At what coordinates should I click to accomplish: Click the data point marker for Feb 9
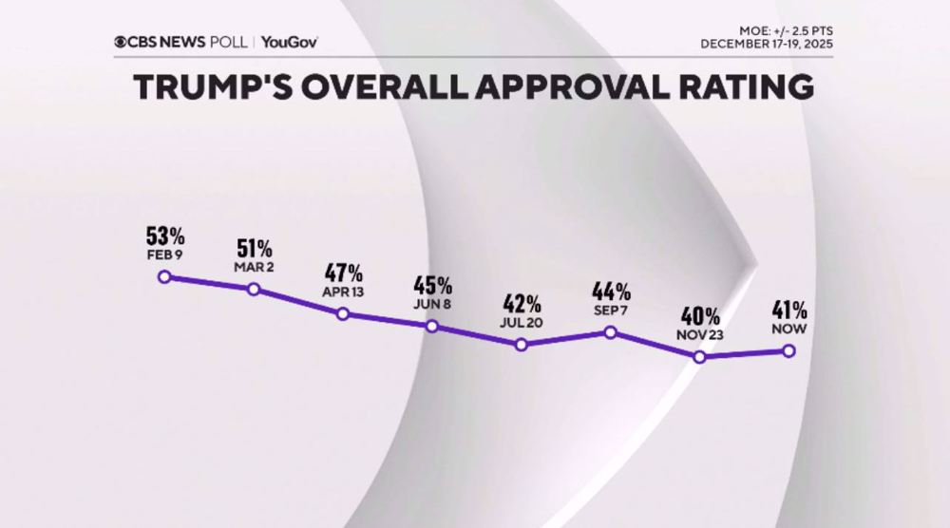[163, 276]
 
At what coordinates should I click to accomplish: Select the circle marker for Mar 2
[254, 289]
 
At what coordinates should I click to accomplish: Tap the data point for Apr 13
[343, 313]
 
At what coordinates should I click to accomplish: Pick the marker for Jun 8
[432, 326]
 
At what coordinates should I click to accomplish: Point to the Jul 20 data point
[522, 345]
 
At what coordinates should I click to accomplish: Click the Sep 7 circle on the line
[611, 332]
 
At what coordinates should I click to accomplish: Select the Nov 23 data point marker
[700, 357]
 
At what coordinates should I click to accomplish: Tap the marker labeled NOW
[788, 350]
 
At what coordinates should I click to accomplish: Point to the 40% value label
[700, 316]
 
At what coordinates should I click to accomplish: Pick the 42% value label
[522, 305]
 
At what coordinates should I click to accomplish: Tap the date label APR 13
[343, 292]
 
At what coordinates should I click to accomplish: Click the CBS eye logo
[121, 42]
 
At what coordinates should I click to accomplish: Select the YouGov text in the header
[290, 42]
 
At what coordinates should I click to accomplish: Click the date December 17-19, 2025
[769, 44]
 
